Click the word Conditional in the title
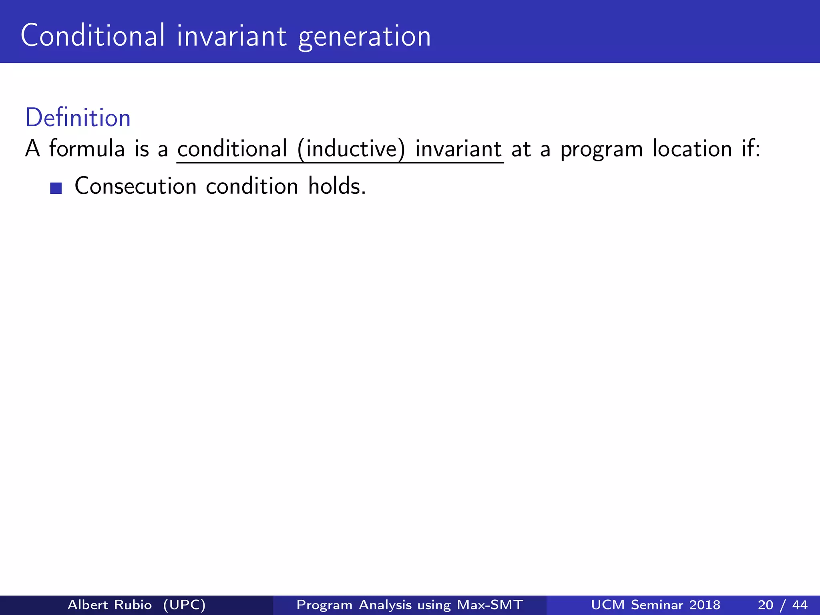pyautogui.click(x=92, y=36)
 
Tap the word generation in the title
pyautogui.click(x=364, y=37)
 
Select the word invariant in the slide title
pyautogui.click(x=232, y=36)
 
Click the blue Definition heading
pyautogui.click(x=78, y=118)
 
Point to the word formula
pyautogui.click(x=87, y=149)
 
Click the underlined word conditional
pyautogui.click(x=232, y=149)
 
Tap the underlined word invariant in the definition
pyautogui.click(x=458, y=149)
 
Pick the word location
pyautogui.click(x=692, y=149)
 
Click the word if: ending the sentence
pyautogui.click(x=750, y=149)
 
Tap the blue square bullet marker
pyautogui.click(x=56, y=188)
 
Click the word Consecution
pyautogui.click(x=135, y=186)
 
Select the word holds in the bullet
pyautogui.click(x=336, y=186)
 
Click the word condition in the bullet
pyautogui.click(x=252, y=186)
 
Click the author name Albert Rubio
pyautogui.click(x=110, y=605)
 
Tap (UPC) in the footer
pyautogui.click(x=184, y=605)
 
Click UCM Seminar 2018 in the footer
pyautogui.click(x=655, y=605)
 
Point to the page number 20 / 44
pyautogui.click(x=782, y=605)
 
